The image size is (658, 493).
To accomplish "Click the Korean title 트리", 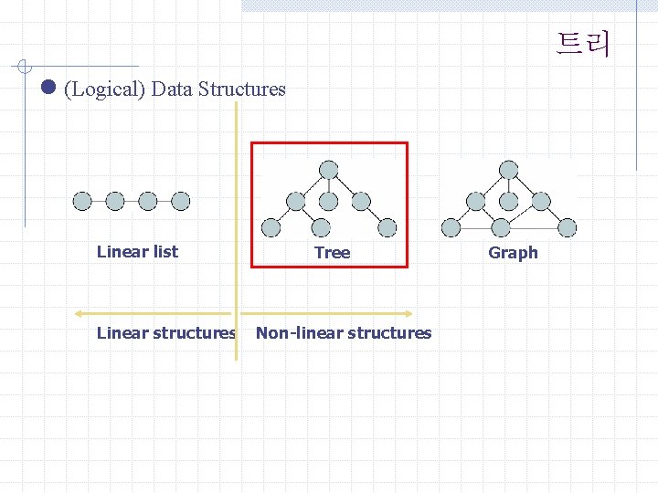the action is pos(583,43).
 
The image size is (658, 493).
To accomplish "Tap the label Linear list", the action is pos(137,252).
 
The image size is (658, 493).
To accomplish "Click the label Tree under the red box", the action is pos(332,253).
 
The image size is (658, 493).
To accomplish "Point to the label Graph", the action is pos(513,253).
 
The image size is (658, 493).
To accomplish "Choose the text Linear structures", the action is pos(165,333).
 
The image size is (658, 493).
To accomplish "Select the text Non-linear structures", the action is pos(344,333).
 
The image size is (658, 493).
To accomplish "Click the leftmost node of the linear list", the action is pos(82,201).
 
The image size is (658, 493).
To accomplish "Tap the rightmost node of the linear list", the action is pos(181,201).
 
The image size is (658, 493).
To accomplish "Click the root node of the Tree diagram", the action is pos(328,170).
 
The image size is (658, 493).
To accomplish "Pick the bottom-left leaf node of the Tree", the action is pos(271,227).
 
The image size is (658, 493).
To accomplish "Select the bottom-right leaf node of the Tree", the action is pos(387,227).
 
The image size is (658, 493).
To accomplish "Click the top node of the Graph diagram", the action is pos(508,170).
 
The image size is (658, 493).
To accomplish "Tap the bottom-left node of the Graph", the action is pos(451,227).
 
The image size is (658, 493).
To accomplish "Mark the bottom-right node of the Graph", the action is pos(568,227).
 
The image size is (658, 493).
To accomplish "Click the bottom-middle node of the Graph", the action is pos(501,227).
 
